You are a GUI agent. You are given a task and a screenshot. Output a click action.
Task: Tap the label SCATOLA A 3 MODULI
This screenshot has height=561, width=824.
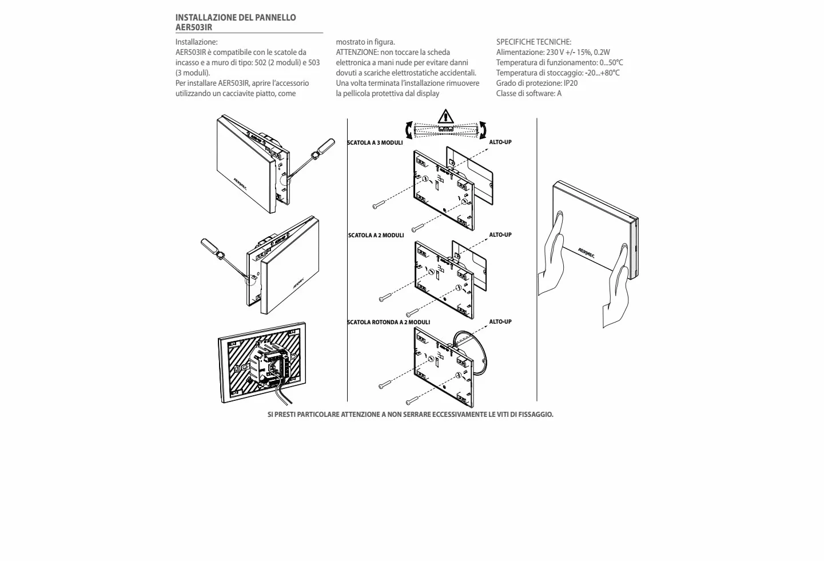pos(375,143)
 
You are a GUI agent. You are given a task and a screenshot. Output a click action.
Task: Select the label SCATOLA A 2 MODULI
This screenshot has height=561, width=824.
pos(376,236)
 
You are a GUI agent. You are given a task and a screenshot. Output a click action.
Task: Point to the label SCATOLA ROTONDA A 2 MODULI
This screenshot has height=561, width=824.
pos(388,323)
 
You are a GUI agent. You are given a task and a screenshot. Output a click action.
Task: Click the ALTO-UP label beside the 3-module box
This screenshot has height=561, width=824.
pos(500,142)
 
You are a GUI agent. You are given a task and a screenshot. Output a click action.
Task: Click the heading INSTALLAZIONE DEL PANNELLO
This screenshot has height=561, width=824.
pos(236,18)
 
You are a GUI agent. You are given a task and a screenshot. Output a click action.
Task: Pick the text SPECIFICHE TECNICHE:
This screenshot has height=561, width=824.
pos(534,42)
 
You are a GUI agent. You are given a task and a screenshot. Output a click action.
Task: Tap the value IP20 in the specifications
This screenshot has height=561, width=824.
pos(571,83)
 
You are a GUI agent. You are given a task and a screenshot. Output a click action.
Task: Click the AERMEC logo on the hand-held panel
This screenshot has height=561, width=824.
pos(586,253)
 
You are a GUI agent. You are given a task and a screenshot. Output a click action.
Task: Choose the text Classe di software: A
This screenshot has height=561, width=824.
pos(528,93)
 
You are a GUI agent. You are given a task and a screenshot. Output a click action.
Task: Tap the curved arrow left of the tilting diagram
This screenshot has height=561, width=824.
pos(408,130)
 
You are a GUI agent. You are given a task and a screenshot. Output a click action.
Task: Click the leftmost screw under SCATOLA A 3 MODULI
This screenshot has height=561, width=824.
pos(379,205)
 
